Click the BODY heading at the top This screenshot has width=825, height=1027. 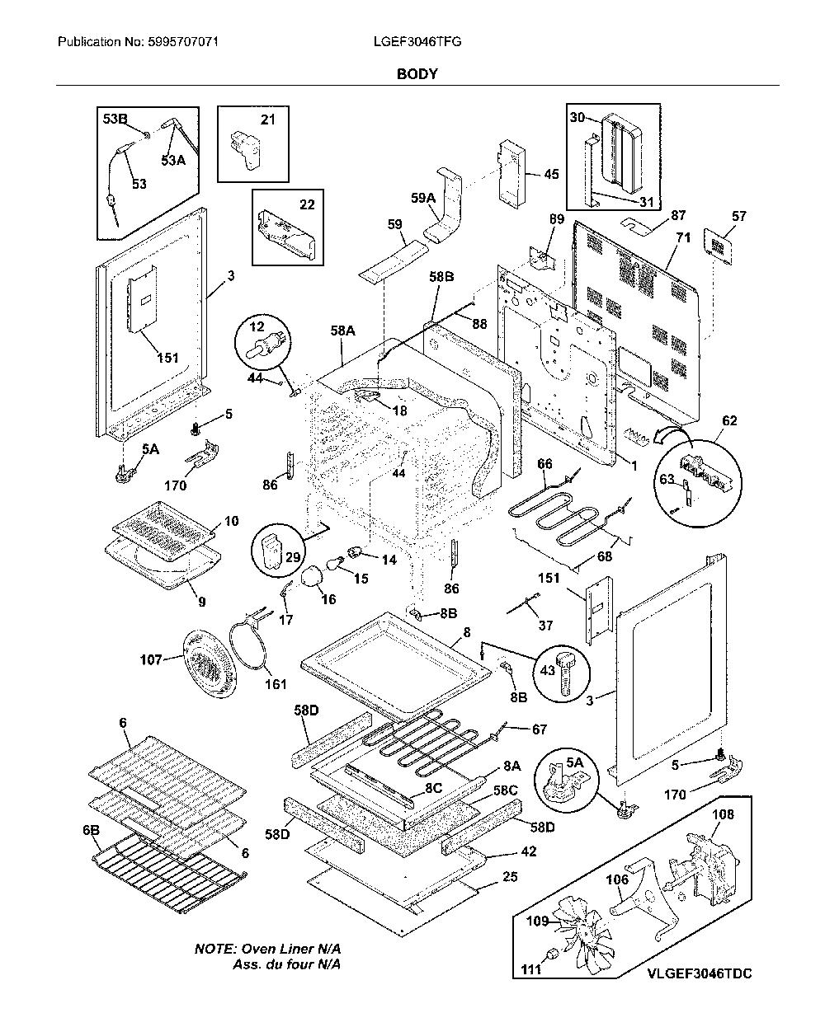point(417,74)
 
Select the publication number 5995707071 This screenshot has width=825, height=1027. point(183,42)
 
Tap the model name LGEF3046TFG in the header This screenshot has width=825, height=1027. point(417,42)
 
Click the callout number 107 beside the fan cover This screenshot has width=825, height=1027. point(151,660)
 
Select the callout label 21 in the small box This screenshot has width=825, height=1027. point(267,120)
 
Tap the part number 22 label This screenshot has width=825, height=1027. point(307,204)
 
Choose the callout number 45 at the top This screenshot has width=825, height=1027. point(551,174)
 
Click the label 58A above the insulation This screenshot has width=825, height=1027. point(343,331)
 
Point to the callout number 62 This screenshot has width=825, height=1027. point(729,420)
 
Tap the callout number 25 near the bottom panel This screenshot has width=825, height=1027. point(510,877)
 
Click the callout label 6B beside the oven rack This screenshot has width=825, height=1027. point(92,830)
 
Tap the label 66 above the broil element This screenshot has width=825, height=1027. point(544,464)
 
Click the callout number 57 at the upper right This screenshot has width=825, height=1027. point(738,216)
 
